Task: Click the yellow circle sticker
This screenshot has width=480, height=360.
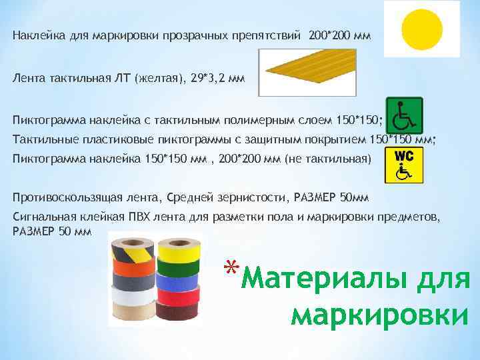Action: point(423,29)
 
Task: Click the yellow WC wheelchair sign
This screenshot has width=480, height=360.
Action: point(403,165)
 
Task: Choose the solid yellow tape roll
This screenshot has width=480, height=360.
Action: point(179,253)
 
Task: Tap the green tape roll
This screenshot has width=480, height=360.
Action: point(179,268)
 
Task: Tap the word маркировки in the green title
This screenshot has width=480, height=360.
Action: point(379,314)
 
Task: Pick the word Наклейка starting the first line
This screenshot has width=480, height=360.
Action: point(34,35)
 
